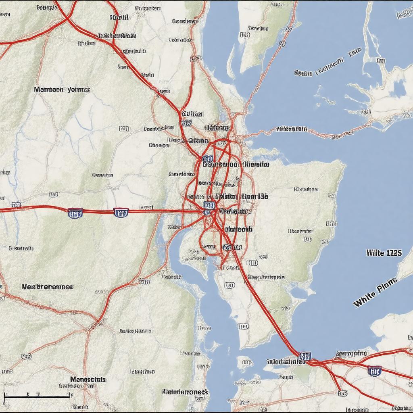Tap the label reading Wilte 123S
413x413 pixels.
(x=384, y=253)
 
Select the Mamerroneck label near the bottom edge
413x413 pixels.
(x=185, y=392)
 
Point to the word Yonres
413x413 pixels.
(x=79, y=89)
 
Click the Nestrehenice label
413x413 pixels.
(x=47, y=287)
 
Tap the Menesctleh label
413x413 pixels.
(x=88, y=379)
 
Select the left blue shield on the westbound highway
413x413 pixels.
(x=75, y=213)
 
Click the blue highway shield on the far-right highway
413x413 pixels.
(x=374, y=371)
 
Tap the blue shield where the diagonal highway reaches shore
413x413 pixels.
(x=305, y=356)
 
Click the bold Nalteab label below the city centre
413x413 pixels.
(x=238, y=229)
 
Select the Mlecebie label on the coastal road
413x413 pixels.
(x=292, y=129)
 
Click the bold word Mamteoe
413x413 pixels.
(x=49, y=89)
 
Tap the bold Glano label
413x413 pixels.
(x=198, y=141)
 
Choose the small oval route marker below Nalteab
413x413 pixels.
(x=253, y=263)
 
